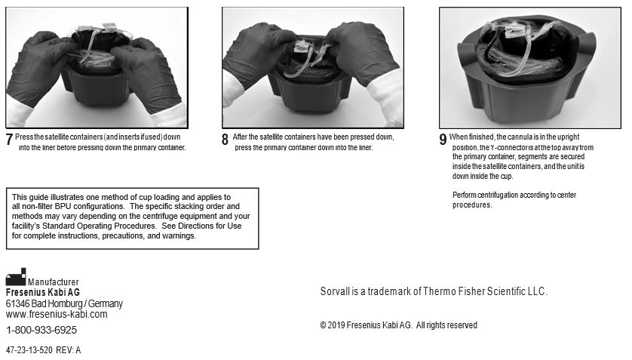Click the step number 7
[x=10, y=140]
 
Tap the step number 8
[x=225, y=140]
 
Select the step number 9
[x=443, y=140]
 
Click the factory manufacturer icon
[x=16, y=277]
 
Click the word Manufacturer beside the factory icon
[x=54, y=282]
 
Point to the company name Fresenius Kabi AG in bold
[x=43, y=292]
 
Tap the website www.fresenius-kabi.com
[x=57, y=314]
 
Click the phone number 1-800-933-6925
[x=41, y=330]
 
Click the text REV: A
[x=69, y=350]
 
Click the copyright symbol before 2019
[x=323, y=325]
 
